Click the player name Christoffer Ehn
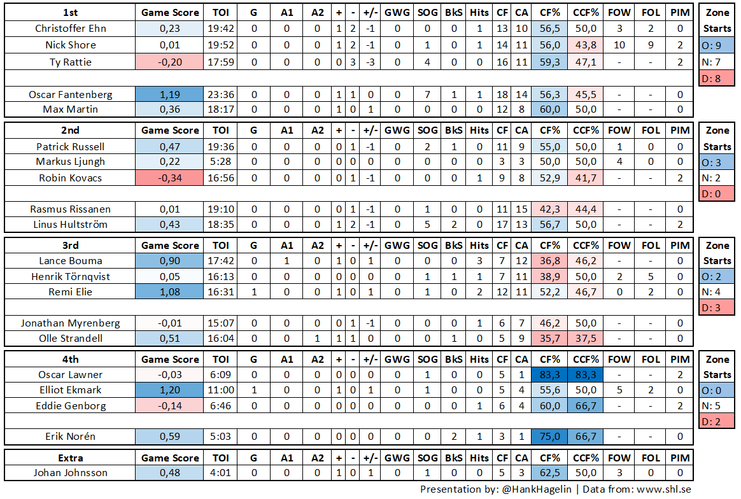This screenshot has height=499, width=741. point(71,29)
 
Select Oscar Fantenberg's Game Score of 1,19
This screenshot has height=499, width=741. point(169,94)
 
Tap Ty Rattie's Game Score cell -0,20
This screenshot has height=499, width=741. point(169,62)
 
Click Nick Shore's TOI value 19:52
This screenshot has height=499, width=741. point(220,45)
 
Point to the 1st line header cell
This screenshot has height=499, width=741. point(71,13)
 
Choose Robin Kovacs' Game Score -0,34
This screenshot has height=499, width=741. point(169,178)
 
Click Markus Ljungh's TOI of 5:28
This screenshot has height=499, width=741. point(220,162)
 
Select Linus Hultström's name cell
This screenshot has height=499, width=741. point(71,225)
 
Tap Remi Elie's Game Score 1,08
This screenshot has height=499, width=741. point(169,292)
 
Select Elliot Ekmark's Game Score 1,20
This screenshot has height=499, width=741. point(169,390)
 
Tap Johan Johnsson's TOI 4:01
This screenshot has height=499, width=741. point(220,473)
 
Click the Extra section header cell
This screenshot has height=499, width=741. point(71,458)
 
